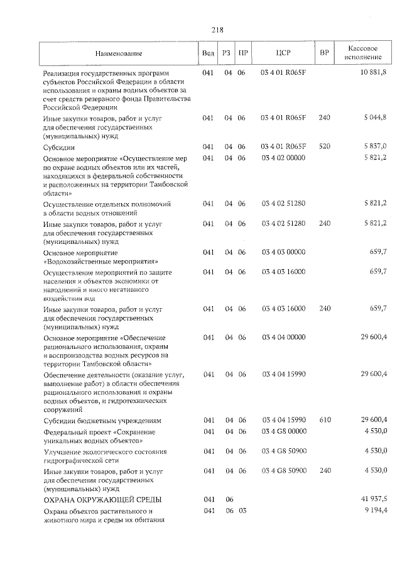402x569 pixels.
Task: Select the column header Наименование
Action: (x=119, y=53)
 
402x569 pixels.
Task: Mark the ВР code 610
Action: (x=324, y=420)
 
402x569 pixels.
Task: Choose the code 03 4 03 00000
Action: (x=283, y=252)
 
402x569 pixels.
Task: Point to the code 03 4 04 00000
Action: (x=283, y=338)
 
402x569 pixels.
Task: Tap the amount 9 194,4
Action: (x=375, y=510)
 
